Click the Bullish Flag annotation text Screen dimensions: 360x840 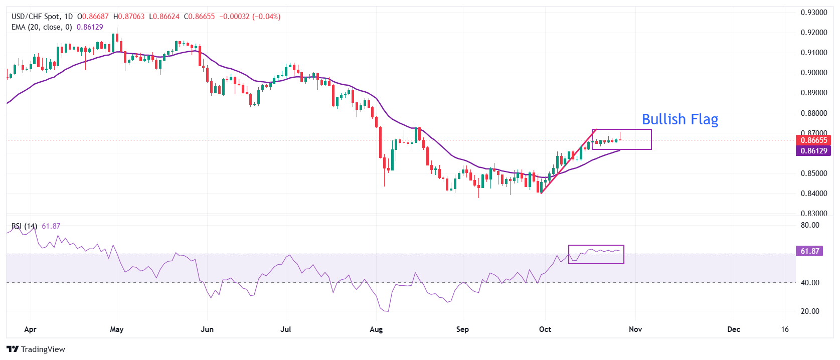pos(680,119)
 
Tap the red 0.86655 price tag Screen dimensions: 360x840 pos(813,140)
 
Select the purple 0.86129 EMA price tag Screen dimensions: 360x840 pos(813,151)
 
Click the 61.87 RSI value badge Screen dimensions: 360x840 pos(809,251)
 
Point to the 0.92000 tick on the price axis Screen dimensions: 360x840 pos(813,33)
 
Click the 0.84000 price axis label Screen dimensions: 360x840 pos(813,194)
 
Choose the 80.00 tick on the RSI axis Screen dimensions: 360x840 pos(810,225)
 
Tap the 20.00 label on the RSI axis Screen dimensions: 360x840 pos(810,311)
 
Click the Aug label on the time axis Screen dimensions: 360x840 pos(376,329)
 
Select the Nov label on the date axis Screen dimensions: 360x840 pos(635,329)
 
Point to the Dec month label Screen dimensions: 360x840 pos(734,329)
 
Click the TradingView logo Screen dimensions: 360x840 pos(36,349)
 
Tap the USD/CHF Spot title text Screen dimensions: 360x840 pos(35,17)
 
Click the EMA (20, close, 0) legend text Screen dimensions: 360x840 pos(42,27)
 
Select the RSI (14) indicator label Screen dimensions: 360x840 pos(24,226)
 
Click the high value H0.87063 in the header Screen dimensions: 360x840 pos(128,17)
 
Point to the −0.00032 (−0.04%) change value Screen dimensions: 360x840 pos(250,17)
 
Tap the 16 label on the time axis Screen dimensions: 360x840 pos(785,329)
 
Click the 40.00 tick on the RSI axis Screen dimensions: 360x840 pos(810,283)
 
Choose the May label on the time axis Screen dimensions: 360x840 pos(117,329)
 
